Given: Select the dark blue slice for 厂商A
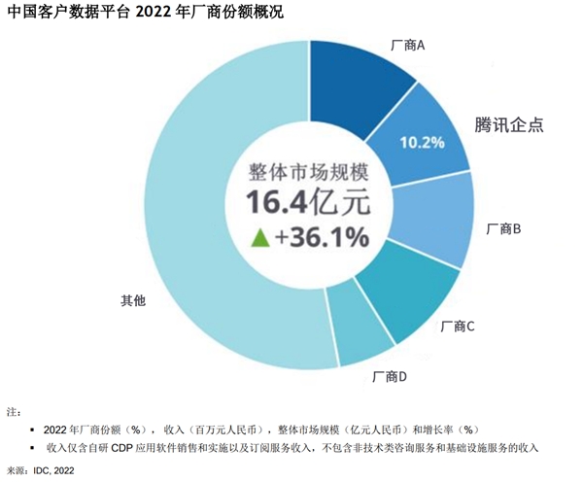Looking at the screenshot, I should [x=354, y=82].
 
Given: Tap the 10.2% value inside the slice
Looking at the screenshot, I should [x=422, y=142].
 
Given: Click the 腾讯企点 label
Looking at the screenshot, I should [x=509, y=124].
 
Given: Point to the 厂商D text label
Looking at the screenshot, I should [x=389, y=375].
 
